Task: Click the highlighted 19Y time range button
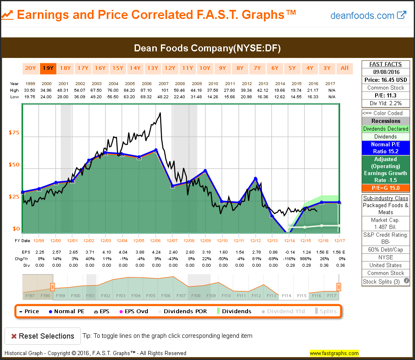pos(48,68)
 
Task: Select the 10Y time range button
pos(204,68)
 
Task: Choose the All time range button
pos(344,68)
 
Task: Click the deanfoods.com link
pos(368,16)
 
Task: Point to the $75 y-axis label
pos(14,133)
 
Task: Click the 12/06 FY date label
pos(155,240)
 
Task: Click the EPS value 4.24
pos(156,252)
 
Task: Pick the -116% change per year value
pos(290,259)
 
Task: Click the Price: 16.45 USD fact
pos(385,80)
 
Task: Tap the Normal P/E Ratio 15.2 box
pos(385,148)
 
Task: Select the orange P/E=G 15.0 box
pos(385,188)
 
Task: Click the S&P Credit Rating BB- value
pos(385,242)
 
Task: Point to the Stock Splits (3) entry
pos(382,282)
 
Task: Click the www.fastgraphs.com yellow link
pos(334,353)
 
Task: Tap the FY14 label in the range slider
pos(287,295)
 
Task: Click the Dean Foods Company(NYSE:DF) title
pos(207,48)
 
